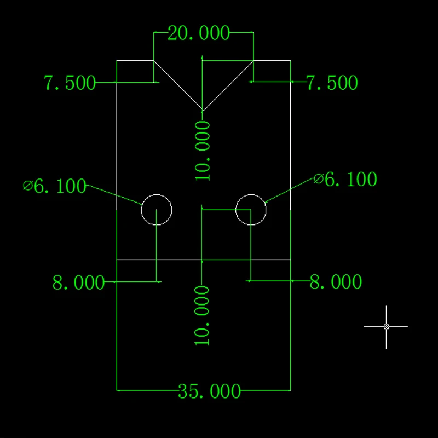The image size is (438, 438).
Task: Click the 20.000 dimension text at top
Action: click(198, 33)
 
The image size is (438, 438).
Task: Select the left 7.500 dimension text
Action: click(70, 83)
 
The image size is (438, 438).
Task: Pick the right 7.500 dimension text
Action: click(332, 83)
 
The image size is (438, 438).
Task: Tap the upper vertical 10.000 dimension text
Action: click(203, 151)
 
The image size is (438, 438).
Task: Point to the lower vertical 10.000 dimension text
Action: click(203, 315)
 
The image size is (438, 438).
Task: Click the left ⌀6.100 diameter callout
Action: click(55, 186)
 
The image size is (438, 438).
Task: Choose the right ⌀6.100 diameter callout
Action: click(345, 179)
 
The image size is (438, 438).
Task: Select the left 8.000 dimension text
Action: click(78, 283)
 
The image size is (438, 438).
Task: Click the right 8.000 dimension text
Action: click(336, 282)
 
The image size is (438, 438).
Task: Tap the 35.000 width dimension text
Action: click(209, 391)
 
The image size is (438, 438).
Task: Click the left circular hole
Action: click(157, 209)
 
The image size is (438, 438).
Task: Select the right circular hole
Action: click(251, 209)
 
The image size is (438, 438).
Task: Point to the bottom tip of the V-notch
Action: click(203, 110)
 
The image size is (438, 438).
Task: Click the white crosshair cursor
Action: click(386, 326)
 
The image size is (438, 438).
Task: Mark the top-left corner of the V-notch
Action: click(153, 60)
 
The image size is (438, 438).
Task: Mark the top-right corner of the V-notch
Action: click(253, 60)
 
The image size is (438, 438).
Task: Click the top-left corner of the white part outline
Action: click(117, 60)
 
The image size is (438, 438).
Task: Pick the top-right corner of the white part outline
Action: click(290, 60)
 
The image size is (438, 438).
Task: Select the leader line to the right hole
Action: click(290, 189)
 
